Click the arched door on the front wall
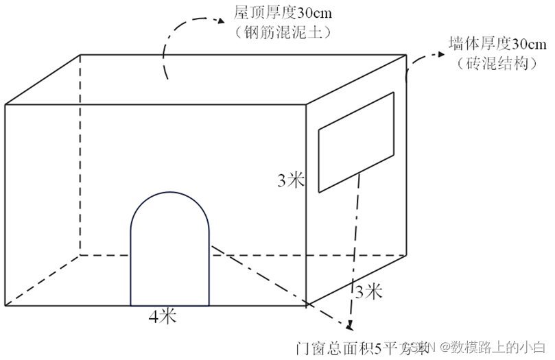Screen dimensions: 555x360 coord(170,257)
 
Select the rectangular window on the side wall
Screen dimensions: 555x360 coord(356,142)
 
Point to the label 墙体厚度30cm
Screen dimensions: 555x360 coord(497,45)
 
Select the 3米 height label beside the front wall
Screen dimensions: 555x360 coord(291,180)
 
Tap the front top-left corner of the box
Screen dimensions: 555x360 coord(6,104)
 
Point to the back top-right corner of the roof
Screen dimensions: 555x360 coord(407,53)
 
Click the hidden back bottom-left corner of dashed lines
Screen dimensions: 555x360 coord(80,254)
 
